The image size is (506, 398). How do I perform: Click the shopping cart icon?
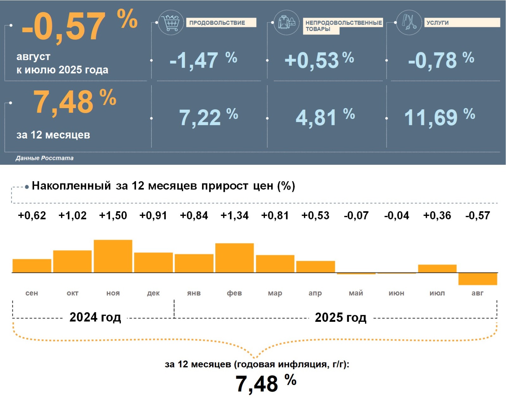[171, 22]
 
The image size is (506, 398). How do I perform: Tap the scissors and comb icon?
[409, 22]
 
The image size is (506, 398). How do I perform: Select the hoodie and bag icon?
[287, 22]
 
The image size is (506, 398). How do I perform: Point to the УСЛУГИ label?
[438, 23]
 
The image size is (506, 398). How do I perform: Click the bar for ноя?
[113, 256]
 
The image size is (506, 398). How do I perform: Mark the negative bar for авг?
[478, 279]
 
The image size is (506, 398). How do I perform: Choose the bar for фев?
[234, 258]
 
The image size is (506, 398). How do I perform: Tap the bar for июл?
[437, 269]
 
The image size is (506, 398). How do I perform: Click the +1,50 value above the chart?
[113, 216]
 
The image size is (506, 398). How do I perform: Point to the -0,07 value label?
[356, 216]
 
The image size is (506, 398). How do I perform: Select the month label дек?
[153, 293]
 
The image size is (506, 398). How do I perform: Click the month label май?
[356, 293]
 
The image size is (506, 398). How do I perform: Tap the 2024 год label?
[95, 317]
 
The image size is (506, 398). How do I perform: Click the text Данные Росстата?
[45, 158]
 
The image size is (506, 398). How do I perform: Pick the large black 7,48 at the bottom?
[257, 384]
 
